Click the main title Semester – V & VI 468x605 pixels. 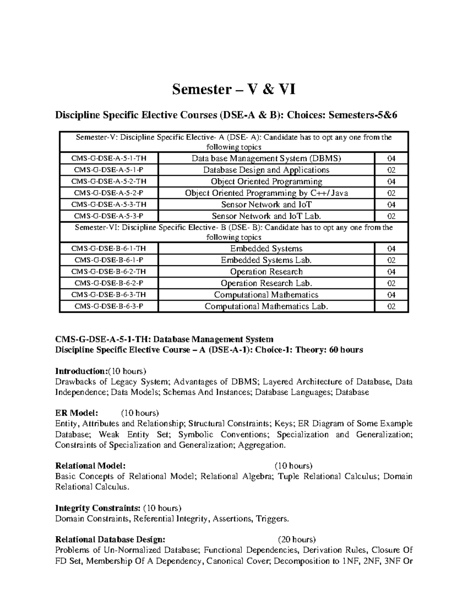[234, 90]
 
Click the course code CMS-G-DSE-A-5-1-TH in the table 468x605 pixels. [109, 159]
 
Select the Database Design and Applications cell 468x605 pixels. [266, 170]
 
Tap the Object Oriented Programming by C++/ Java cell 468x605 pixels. [266, 193]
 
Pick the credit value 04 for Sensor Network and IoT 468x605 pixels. [391, 205]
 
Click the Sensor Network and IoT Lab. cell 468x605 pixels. [266, 216]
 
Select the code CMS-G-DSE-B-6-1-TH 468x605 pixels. [109, 249]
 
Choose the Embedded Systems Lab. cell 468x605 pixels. [266, 260]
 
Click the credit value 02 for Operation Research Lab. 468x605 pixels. [391, 284]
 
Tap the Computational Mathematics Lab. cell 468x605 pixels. [266, 307]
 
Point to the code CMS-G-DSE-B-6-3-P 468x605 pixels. [109, 307]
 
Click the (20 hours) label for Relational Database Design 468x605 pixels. [296, 540]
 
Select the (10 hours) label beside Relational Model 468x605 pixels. [293, 466]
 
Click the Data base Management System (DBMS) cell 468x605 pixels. [266, 159]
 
